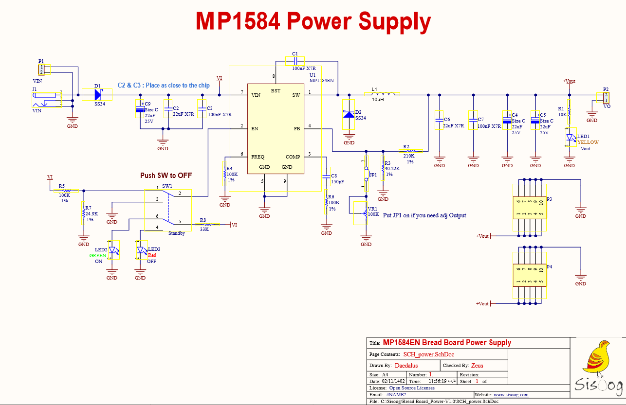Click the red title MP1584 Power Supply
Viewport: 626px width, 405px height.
point(313,21)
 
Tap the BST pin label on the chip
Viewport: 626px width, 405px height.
point(276,90)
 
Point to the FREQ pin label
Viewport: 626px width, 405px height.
point(258,157)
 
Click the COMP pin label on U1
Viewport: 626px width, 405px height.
point(293,157)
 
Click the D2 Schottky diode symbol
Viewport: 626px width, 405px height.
point(349,114)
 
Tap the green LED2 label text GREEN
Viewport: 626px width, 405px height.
point(97,255)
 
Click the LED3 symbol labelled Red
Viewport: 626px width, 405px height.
point(141,251)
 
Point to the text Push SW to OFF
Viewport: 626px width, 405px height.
point(166,176)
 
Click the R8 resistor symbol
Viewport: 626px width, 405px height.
point(206,224)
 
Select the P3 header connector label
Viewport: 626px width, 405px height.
point(549,199)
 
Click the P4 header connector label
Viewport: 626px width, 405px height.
point(549,267)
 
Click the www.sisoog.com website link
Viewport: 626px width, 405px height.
point(511,395)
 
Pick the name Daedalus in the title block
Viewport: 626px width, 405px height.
point(406,365)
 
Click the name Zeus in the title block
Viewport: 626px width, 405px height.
point(477,365)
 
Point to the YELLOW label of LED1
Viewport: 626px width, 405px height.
point(588,142)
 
